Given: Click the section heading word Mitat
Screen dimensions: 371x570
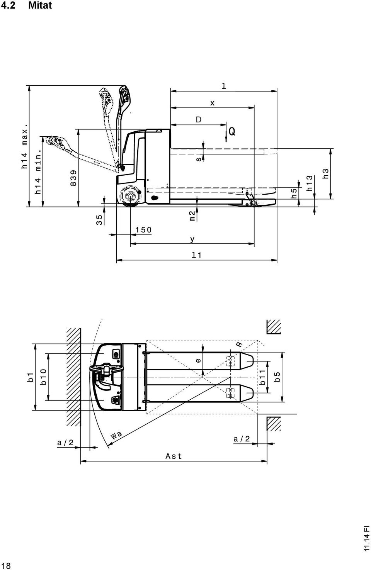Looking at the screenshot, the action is coord(40,5).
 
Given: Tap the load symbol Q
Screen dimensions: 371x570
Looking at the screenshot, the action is coord(232,132).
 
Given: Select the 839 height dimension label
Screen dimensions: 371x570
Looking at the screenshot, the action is coord(73,178).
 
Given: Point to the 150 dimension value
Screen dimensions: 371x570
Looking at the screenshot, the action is coord(143,230).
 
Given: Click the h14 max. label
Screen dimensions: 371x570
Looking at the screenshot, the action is coord(24,146).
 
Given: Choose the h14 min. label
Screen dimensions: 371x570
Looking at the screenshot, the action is coord(38,171).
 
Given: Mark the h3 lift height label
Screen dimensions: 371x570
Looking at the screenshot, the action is coord(325,173).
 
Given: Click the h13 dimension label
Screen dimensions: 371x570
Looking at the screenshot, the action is coord(310,183).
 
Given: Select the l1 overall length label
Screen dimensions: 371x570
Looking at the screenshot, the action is coord(197,255).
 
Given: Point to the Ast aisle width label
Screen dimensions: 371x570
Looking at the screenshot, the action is coord(174,456).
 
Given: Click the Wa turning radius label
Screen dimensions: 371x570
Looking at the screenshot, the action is coord(117,435).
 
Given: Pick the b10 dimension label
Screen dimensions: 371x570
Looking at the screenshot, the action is coord(43,377).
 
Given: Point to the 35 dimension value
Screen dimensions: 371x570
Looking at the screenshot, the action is coord(99,220).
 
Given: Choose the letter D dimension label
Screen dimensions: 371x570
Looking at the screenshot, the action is coord(198,119).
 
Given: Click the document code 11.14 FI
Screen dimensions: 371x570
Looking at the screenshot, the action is coord(367,542).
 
